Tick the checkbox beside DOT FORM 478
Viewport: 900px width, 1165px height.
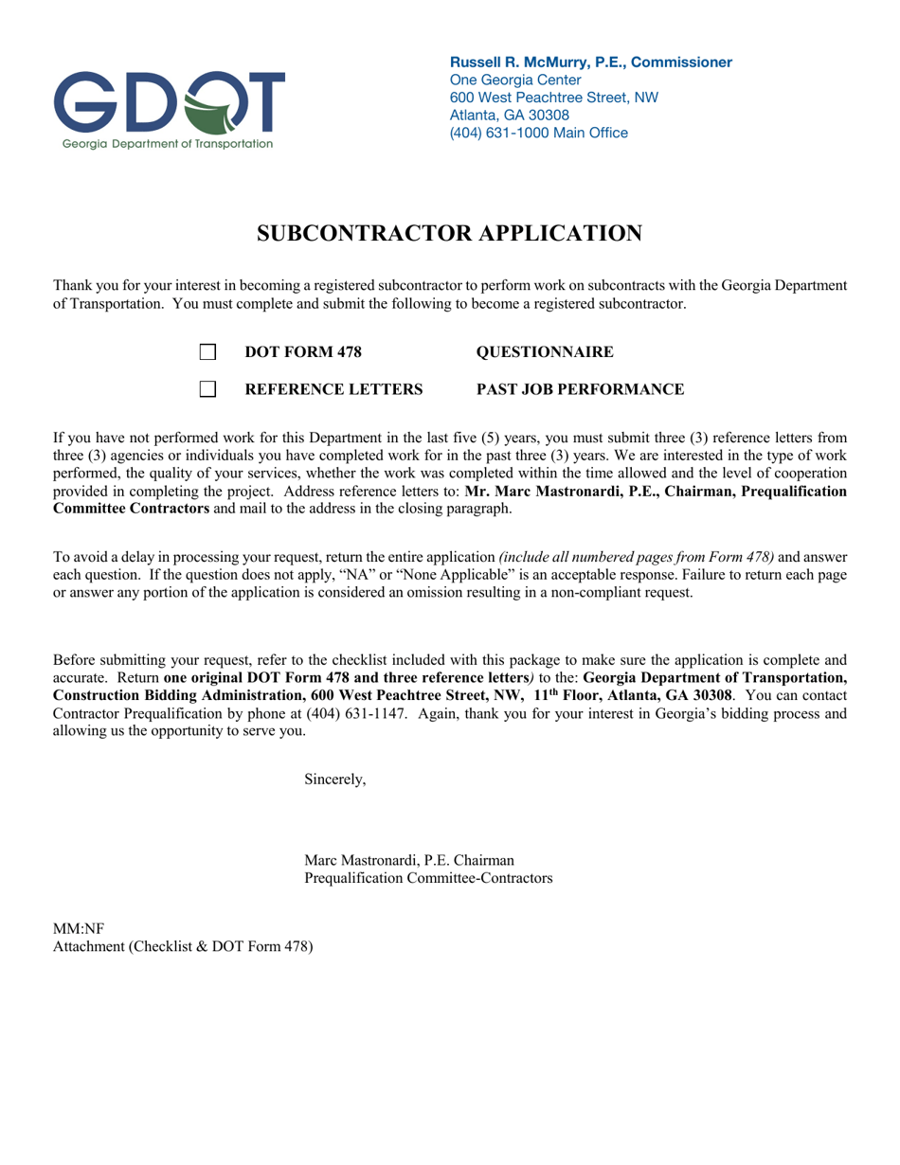pos(207,352)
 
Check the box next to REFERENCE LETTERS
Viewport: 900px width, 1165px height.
pos(207,389)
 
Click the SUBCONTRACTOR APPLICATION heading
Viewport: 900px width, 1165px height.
pos(450,234)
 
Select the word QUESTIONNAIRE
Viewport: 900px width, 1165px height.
pos(545,352)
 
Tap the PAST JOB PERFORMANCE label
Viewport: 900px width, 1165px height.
pos(580,389)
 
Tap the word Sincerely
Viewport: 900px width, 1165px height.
pos(334,780)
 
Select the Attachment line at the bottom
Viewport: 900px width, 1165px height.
pos(183,946)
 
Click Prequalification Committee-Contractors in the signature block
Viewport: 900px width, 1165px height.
pos(428,878)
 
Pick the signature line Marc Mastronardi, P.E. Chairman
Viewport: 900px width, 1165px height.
pos(409,860)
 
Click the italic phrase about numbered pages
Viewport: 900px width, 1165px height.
pos(637,557)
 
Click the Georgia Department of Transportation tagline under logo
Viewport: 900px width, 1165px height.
pos(168,144)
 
